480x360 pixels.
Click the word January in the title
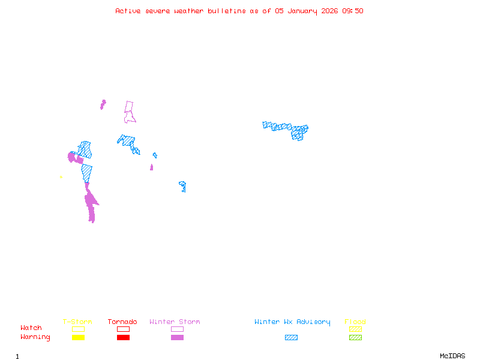tap(302, 11)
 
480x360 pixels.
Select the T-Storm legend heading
tap(77, 322)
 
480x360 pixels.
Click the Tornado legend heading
tap(122, 322)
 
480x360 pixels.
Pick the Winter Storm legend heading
tap(175, 322)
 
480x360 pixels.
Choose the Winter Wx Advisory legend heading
tap(292, 322)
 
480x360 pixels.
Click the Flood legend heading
tap(355, 322)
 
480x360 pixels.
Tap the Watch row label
tap(31, 328)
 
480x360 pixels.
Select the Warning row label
tap(35, 337)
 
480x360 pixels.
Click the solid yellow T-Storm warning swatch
tap(78, 338)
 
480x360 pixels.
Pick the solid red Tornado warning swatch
tap(123, 338)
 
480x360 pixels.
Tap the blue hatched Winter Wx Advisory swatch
tap(291, 338)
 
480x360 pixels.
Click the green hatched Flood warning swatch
tap(355, 338)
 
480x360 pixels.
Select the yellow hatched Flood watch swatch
tap(355, 329)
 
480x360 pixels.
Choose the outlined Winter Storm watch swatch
tap(177, 329)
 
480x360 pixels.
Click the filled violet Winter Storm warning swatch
tap(177, 338)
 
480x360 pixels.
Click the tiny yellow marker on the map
tap(61, 177)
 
